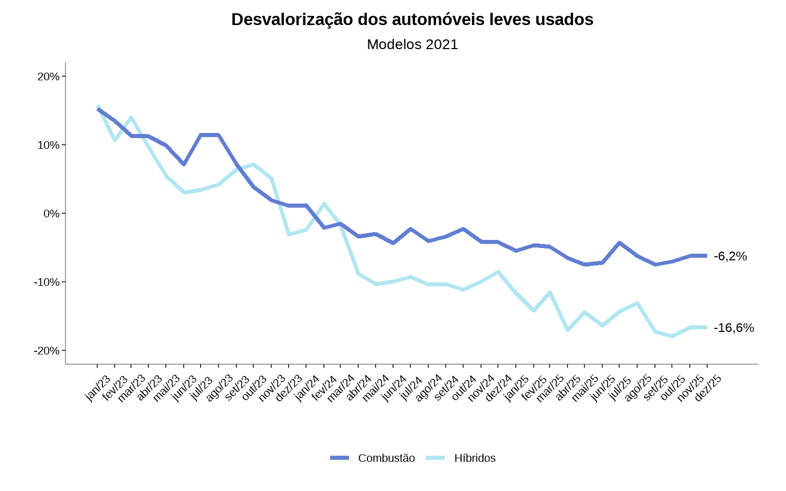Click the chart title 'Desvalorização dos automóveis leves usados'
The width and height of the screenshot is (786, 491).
412,19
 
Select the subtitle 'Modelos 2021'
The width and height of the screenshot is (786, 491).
412,44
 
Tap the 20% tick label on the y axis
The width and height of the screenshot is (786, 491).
49,77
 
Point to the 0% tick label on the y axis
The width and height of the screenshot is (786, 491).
52,214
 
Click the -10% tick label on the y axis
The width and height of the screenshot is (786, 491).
47,282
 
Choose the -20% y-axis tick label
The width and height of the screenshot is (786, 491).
47,351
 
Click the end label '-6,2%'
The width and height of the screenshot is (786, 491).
730,256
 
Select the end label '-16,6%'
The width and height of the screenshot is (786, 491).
734,328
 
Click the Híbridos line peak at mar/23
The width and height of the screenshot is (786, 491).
132,117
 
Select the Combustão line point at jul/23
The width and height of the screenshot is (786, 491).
201,135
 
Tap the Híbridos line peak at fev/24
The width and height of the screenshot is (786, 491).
324,204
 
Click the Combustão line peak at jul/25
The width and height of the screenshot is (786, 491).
620,242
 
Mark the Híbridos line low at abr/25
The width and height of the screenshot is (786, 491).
567,330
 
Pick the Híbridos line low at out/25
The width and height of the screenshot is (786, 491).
672,336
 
